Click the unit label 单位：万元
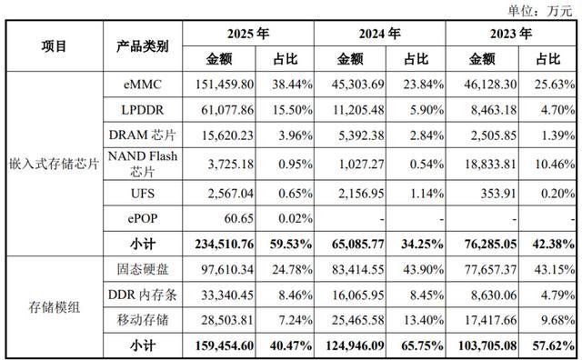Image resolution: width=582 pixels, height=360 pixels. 539,11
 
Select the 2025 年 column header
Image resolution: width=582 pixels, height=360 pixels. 248,34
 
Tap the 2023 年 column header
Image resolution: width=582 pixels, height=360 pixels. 511,34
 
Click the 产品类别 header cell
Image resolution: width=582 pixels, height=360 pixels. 143,46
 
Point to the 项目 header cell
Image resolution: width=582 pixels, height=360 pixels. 55,46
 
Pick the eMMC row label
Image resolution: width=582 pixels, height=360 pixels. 143,85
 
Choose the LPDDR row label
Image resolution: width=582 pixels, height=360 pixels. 143,110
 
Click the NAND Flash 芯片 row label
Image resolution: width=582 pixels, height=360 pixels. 143,164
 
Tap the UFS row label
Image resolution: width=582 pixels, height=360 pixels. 143,194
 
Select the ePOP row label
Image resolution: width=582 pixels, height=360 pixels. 143,218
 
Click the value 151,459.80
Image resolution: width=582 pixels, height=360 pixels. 225,85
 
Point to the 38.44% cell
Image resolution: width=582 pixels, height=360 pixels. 292,85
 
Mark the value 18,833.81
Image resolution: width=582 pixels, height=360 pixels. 490,164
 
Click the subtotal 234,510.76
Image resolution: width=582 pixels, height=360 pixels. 225,244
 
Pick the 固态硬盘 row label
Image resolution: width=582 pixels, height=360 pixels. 143,269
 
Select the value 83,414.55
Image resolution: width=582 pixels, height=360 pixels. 357,269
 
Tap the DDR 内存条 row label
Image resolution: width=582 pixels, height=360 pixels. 143,295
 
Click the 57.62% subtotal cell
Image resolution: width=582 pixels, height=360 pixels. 554,345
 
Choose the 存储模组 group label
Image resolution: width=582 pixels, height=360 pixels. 55,307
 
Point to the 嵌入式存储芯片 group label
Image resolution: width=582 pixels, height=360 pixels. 55,164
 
